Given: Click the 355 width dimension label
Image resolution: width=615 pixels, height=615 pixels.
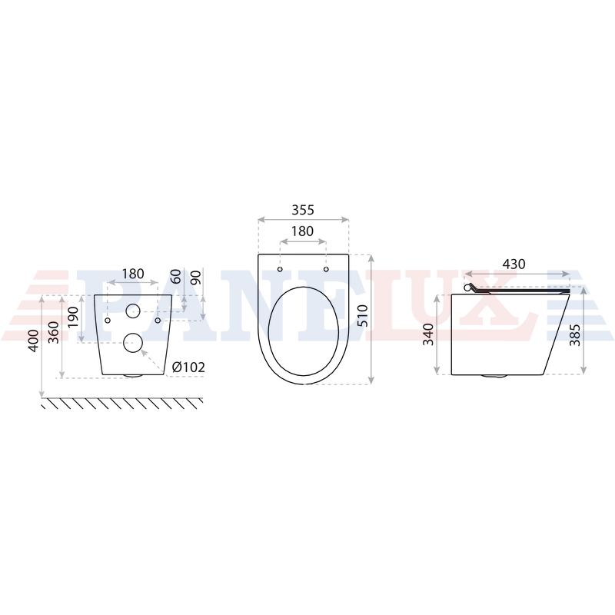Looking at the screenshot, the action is (x=303, y=210).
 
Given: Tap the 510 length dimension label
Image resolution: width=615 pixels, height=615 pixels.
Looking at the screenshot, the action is (x=363, y=315).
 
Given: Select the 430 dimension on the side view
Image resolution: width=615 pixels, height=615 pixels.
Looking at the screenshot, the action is (x=514, y=264).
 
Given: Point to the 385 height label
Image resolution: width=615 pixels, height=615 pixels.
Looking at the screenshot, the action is (x=575, y=334).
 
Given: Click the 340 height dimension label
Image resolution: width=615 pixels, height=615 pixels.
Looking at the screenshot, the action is (x=428, y=334).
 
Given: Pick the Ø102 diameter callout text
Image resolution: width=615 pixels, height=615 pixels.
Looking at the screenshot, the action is (x=188, y=367).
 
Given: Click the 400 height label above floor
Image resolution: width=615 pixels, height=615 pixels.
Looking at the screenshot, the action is (x=33, y=341).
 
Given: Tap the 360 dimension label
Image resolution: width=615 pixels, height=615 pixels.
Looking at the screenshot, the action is (x=53, y=332).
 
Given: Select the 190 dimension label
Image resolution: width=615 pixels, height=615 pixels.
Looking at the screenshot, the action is (x=73, y=317).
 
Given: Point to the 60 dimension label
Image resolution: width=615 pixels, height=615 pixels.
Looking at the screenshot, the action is (x=177, y=276).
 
